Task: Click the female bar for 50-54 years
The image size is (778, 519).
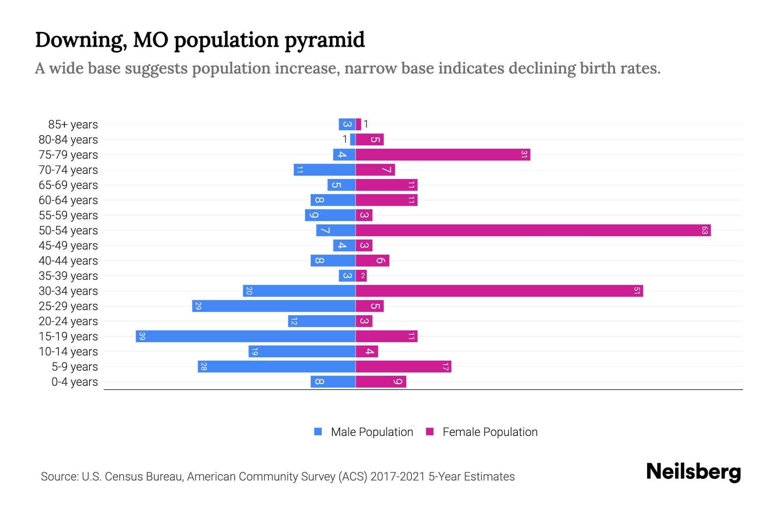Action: (x=533, y=231)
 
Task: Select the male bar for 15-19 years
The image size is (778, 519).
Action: (x=246, y=336)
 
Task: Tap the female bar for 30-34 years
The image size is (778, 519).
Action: (x=499, y=291)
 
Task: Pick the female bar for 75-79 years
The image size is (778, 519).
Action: (x=443, y=155)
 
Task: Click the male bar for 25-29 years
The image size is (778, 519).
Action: (x=274, y=306)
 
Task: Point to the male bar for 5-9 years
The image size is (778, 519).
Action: (x=277, y=367)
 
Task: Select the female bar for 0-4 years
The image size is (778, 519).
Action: (x=381, y=382)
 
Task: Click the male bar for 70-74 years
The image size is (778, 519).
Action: (x=325, y=170)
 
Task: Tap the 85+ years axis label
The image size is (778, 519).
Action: (x=73, y=125)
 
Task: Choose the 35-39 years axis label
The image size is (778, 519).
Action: (x=68, y=276)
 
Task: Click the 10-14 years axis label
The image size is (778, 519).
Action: (x=68, y=352)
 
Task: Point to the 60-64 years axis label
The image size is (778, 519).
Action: (x=68, y=200)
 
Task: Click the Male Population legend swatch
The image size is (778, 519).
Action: (x=318, y=432)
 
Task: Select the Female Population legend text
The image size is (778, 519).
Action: (x=490, y=432)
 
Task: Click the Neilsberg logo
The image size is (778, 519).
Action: (x=693, y=472)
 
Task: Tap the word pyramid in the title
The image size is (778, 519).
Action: (x=325, y=40)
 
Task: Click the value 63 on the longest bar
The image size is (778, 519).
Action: (x=705, y=231)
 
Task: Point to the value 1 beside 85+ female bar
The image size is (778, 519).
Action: (x=366, y=125)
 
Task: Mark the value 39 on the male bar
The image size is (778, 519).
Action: (x=142, y=336)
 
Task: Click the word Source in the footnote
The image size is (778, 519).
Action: (x=59, y=477)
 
